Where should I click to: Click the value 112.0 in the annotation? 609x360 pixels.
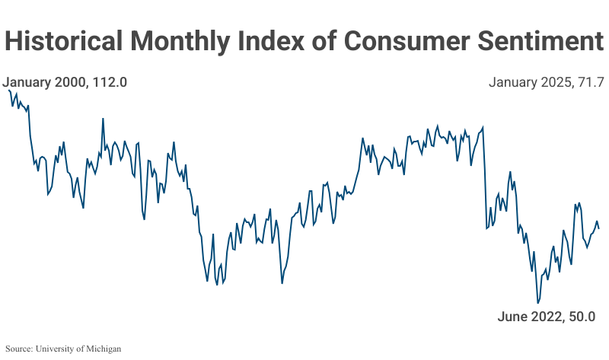109,82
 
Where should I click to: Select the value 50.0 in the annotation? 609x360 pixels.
579,317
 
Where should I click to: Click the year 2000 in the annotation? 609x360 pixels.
72,82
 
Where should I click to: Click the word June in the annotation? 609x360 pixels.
512,317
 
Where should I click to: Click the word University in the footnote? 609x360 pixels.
56,349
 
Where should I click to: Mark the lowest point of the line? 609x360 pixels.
538,303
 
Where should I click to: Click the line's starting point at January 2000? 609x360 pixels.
8,90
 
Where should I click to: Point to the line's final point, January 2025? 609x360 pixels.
599,228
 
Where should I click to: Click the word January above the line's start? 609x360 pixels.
28,82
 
